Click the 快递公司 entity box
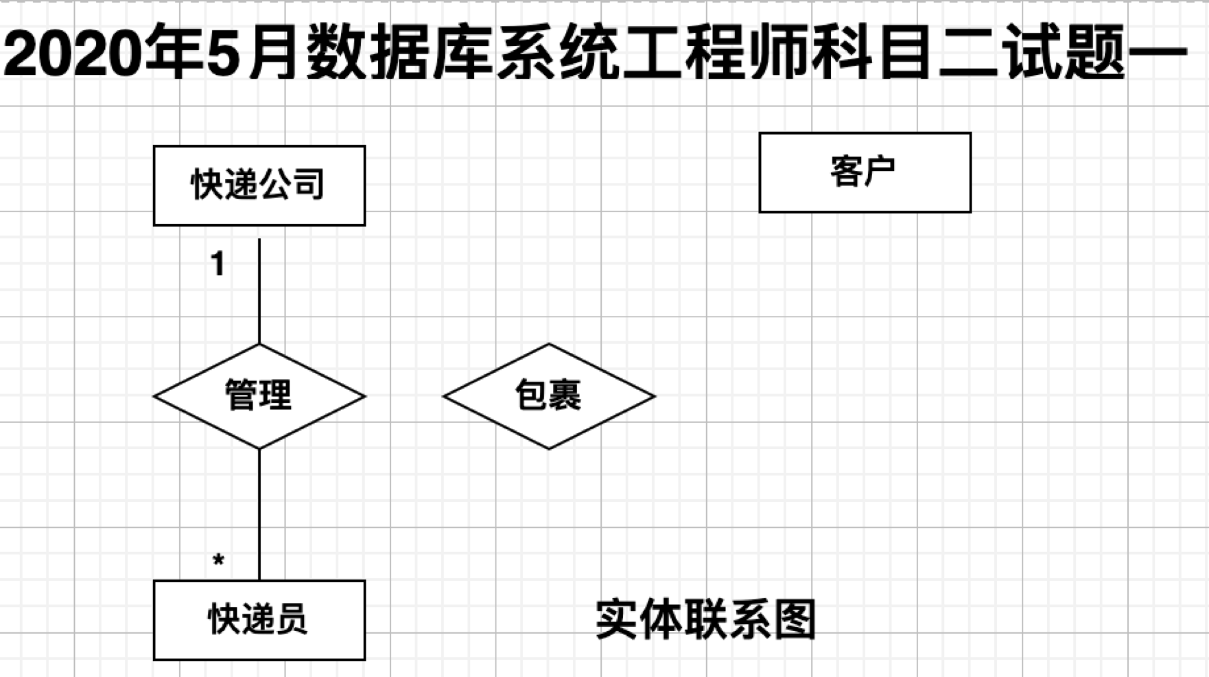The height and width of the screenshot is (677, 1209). coord(259,185)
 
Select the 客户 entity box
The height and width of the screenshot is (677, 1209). coord(865,172)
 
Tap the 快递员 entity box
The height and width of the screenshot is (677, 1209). coord(259,620)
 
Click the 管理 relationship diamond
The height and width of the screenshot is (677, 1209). coord(259,396)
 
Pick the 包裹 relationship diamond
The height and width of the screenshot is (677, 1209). coord(549,396)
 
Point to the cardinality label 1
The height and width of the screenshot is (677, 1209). coord(218,264)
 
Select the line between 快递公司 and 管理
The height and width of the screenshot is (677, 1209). coord(259,292)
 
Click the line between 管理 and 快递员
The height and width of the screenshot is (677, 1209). coord(259,515)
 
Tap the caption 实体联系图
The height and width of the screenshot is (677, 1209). coord(705,620)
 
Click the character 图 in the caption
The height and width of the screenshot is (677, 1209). coord(794,620)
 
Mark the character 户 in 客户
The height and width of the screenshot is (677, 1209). coord(880,172)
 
